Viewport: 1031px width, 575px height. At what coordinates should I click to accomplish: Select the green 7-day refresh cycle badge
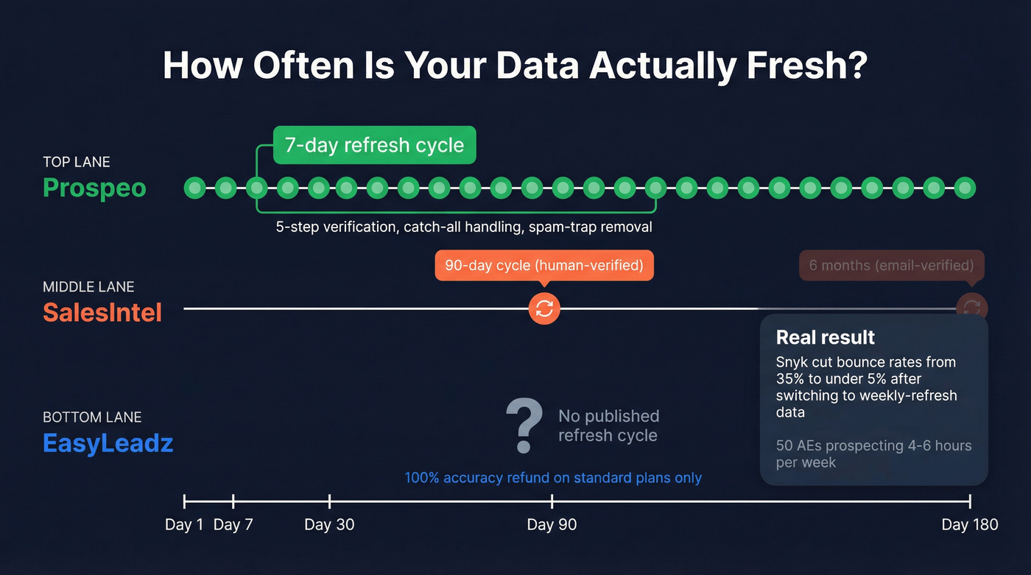(x=374, y=145)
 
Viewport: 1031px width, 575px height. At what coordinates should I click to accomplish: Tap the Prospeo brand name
(x=94, y=188)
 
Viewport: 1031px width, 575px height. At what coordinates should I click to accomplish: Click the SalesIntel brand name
(x=102, y=312)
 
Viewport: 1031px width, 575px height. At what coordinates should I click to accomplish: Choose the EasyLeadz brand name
(x=108, y=443)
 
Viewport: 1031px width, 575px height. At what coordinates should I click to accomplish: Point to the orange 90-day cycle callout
(x=544, y=266)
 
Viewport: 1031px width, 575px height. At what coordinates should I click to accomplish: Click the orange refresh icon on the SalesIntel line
(x=544, y=308)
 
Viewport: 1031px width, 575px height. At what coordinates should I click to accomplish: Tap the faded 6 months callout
(x=891, y=266)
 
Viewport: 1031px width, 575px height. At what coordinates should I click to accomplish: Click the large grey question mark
(x=524, y=426)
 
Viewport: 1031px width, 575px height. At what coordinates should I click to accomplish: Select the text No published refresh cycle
(x=608, y=426)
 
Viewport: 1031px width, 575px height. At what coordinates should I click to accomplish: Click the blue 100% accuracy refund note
(x=553, y=478)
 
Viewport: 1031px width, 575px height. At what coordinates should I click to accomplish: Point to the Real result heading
(x=826, y=337)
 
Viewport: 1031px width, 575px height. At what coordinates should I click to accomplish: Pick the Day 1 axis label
(x=184, y=524)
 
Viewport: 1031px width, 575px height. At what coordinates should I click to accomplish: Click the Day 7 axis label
(x=233, y=524)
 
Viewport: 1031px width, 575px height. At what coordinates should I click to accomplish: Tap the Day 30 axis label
(x=329, y=524)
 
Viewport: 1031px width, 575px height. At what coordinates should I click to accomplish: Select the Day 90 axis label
(x=552, y=524)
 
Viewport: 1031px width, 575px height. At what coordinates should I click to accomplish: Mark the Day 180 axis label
(x=970, y=524)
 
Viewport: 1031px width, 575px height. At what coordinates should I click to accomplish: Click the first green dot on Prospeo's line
(x=194, y=188)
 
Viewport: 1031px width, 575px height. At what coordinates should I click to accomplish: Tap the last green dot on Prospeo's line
(x=965, y=188)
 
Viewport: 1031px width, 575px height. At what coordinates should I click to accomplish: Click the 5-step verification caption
(x=464, y=227)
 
